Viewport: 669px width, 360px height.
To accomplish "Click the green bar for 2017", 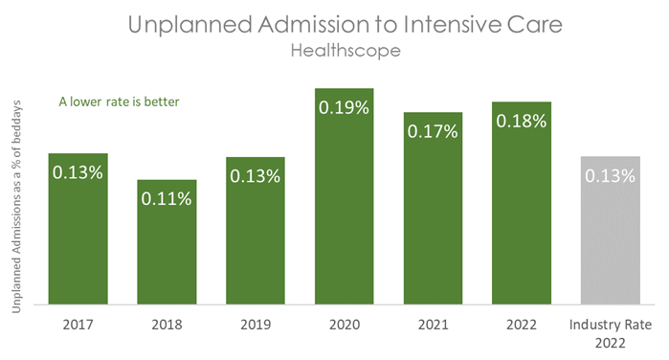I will [78, 230].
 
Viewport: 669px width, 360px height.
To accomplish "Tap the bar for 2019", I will [256, 231].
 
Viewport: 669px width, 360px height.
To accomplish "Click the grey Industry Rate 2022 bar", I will [611, 230].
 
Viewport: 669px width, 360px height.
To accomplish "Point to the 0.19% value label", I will [345, 107].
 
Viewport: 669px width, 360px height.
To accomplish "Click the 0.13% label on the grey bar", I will [611, 175].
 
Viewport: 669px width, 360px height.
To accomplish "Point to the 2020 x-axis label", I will [345, 325].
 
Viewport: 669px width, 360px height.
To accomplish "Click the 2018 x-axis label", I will [167, 325].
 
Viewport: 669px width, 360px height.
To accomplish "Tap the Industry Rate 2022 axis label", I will [611, 333].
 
